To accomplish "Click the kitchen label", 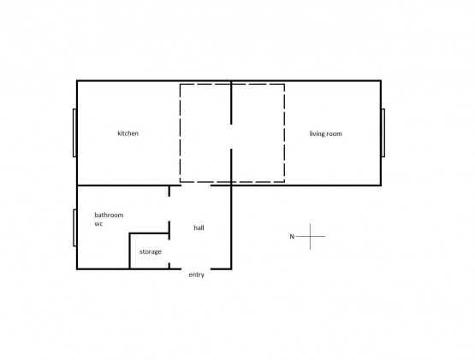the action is click(x=128, y=133).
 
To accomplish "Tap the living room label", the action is click(x=326, y=133).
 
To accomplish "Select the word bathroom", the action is click(x=109, y=215).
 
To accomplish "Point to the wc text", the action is click(x=98, y=224).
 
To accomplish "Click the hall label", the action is click(x=199, y=227).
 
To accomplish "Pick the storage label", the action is click(x=151, y=252).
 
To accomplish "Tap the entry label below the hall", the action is click(x=196, y=275).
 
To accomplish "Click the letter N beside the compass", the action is click(x=292, y=237).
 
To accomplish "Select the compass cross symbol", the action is click(x=310, y=237).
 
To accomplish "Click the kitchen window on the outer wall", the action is click(x=74, y=133).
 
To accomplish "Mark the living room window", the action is click(x=383, y=133).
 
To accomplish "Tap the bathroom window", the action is click(x=74, y=227).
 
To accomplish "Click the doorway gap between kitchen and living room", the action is click(x=231, y=137).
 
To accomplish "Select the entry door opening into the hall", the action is click(x=196, y=269).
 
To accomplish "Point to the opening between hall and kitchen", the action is click(x=196, y=185).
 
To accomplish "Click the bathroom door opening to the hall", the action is click(x=169, y=209).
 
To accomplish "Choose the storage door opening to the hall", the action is click(x=169, y=251).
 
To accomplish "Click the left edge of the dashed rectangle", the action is click(x=181, y=133).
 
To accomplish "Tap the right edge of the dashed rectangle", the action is click(x=284, y=133).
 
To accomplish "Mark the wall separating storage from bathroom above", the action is click(x=149, y=233).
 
